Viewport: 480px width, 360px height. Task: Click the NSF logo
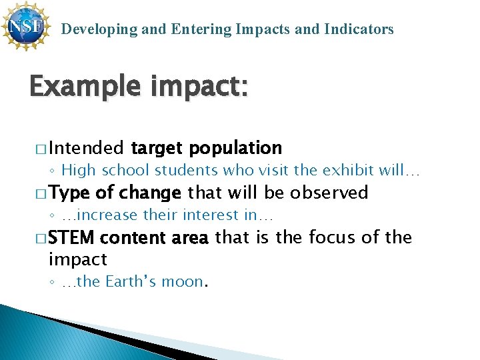pos(25,26)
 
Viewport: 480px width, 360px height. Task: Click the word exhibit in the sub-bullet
pos(349,170)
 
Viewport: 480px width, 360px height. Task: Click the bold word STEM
pos(71,237)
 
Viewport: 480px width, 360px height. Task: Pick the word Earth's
pos(131,282)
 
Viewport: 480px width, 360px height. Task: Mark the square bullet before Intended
pos(41,148)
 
